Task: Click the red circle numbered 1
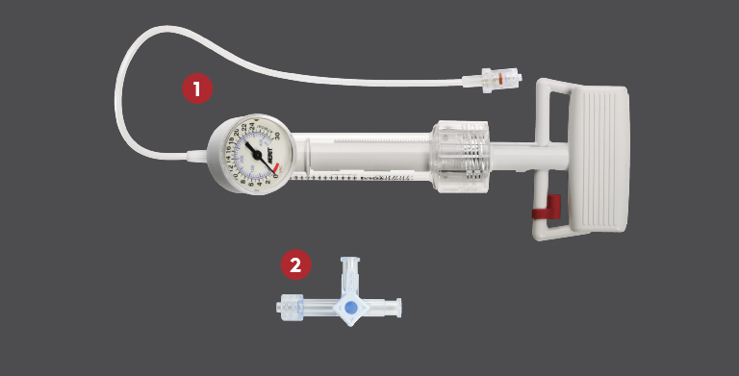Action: [197, 90]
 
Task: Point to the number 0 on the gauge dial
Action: [276, 175]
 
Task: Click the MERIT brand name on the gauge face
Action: [269, 153]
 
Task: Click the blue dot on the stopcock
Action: [350, 309]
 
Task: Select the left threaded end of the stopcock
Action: [289, 308]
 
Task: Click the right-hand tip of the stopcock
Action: [395, 309]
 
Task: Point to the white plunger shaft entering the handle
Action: [524, 154]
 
